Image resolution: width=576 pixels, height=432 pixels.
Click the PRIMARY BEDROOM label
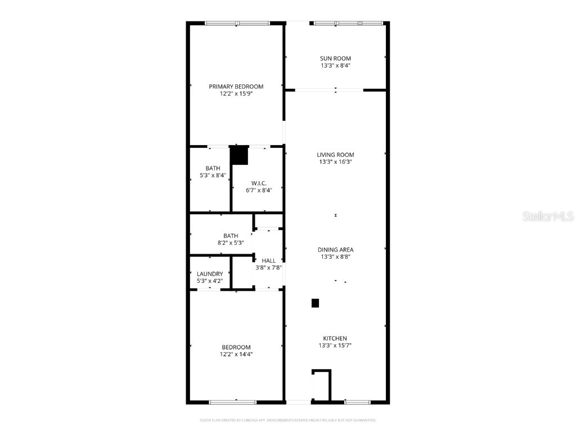236,87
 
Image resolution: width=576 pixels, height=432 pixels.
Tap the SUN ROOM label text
335,58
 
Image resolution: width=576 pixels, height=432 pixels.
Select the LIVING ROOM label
335,155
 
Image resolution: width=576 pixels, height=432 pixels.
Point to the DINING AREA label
335,250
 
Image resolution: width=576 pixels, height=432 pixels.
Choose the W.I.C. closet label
259,183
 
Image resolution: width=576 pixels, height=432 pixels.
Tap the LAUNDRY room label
209,274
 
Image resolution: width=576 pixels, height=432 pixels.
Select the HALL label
269,260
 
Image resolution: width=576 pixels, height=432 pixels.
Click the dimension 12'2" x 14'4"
236,354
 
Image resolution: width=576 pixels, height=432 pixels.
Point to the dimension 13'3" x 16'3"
335,162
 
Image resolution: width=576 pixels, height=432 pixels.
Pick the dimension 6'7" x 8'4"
259,191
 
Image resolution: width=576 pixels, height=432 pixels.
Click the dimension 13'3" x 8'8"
335,257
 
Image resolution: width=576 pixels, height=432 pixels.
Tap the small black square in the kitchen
316,303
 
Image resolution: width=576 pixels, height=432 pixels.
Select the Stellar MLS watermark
548,216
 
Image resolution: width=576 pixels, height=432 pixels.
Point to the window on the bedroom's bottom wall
233,402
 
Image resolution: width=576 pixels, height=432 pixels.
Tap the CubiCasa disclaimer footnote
288,420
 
